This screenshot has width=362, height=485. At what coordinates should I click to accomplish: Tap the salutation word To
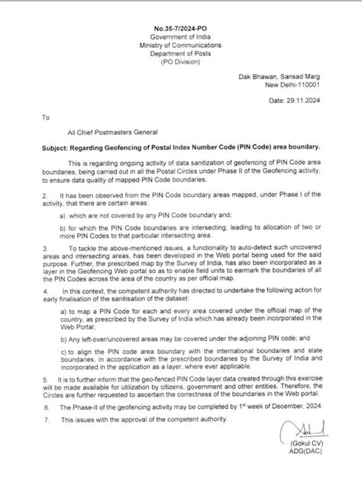click(45, 118)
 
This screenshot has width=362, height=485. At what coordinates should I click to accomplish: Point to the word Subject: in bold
click(58, 145)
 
